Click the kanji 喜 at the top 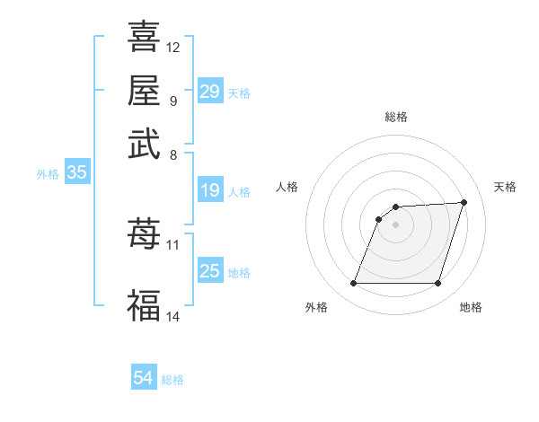pyautogui.click(x=144, y=37)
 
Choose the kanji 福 pyautogui.click(x=144, y=305)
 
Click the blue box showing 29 pyautogui.click(x=210, y=92)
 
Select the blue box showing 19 pyautogui.click(x=210, y=190)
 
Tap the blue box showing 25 pyautogui.click(x=210, y=271)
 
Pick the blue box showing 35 pyautogui.click(x=76, y=173)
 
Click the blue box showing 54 pyautogui.click(x=144, y=379)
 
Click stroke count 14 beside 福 pyautogui.click(x=173, y=316)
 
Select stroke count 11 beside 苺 pyautogui.click(x=173, y=244)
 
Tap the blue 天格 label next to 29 pyautogui.click(x=239, y=93)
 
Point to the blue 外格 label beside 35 pyautogui.click(x=48, y=175)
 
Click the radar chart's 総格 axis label pyautogui.click(x=396, y=117)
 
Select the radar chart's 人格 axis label pyautogui.click(x=287, y=187)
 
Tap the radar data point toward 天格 pyautogui.click(x=464, y=202)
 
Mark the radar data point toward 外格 pyautogui.click(x=353, y=284)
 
